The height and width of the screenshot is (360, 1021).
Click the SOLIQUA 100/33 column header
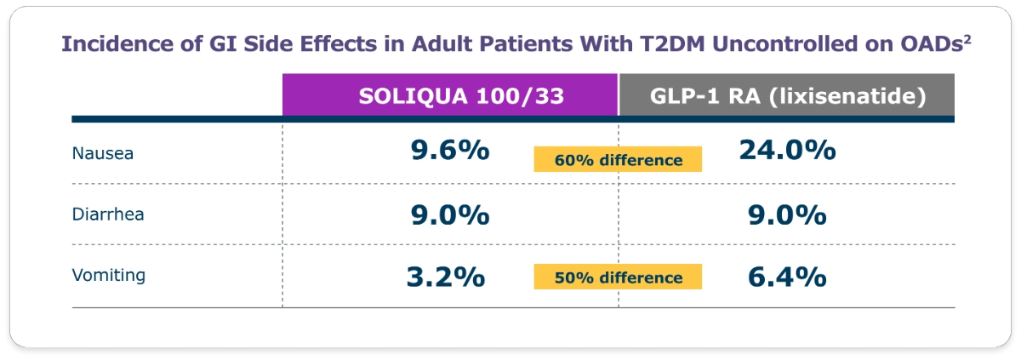tap(450, 96)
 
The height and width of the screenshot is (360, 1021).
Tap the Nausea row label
tap(103, 154)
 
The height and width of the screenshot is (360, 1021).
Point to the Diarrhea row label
tap(108, 214)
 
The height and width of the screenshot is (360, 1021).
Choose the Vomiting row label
tap(109, 275)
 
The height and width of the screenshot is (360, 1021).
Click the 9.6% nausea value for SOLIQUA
tap(449, 151)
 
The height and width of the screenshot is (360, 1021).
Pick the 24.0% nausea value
tap(787, 151)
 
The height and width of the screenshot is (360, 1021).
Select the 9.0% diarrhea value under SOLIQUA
tap(449, 214)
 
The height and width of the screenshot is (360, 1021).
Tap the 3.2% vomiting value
tap(446, 277)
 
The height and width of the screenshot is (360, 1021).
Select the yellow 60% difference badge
tap(618, 160)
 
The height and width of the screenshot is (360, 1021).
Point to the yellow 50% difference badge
tap(618, 277)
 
